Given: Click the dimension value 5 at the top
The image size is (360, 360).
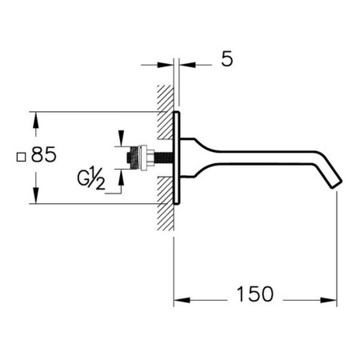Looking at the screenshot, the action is [x=227, y=59].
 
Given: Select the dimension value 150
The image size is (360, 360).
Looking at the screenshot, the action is [x=255, y=294].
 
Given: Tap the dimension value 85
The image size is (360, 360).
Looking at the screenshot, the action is [x=44, y=154].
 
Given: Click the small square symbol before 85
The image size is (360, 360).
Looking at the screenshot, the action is [x=21, y=157].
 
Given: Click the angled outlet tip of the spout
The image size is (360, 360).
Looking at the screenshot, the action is [x=337, y=184].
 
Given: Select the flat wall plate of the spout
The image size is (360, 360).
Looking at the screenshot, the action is [x=177, y=158].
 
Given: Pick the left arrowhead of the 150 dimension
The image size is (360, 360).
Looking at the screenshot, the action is [x=182, y=300].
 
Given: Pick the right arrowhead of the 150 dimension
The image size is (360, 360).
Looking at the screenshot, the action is [x=329, y=300].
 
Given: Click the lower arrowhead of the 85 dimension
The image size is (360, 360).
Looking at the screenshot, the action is [x=36, y=196].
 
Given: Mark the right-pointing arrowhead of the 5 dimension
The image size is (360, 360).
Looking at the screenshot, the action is [x=166, y=65].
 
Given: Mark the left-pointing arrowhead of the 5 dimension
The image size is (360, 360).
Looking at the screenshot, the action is [x=187, y=65].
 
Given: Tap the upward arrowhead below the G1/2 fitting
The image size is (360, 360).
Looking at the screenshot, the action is [x=122, y=178].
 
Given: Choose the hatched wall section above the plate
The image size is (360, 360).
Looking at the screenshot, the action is [x=166, y=112].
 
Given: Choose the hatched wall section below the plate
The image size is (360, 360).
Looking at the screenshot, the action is [x=166, y=203].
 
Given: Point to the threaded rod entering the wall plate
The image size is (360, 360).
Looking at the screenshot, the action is [x=163, y=158].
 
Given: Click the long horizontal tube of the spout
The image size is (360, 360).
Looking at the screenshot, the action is [x=266, y=157].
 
